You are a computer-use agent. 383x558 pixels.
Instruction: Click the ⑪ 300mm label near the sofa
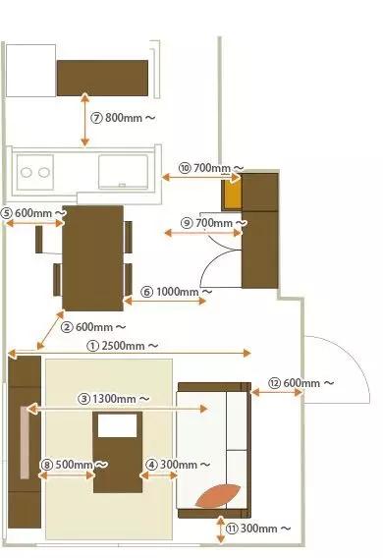(x=256, y=529)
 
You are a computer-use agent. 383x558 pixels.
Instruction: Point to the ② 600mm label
(x=93, y=326)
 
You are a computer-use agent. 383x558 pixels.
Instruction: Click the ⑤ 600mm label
(x=33, y=213)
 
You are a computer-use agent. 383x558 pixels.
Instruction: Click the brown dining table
(x=93, y=255)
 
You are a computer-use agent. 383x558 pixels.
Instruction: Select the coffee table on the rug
(x=118, y=452)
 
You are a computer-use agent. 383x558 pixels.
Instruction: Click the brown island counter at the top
(x=103, y=77)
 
